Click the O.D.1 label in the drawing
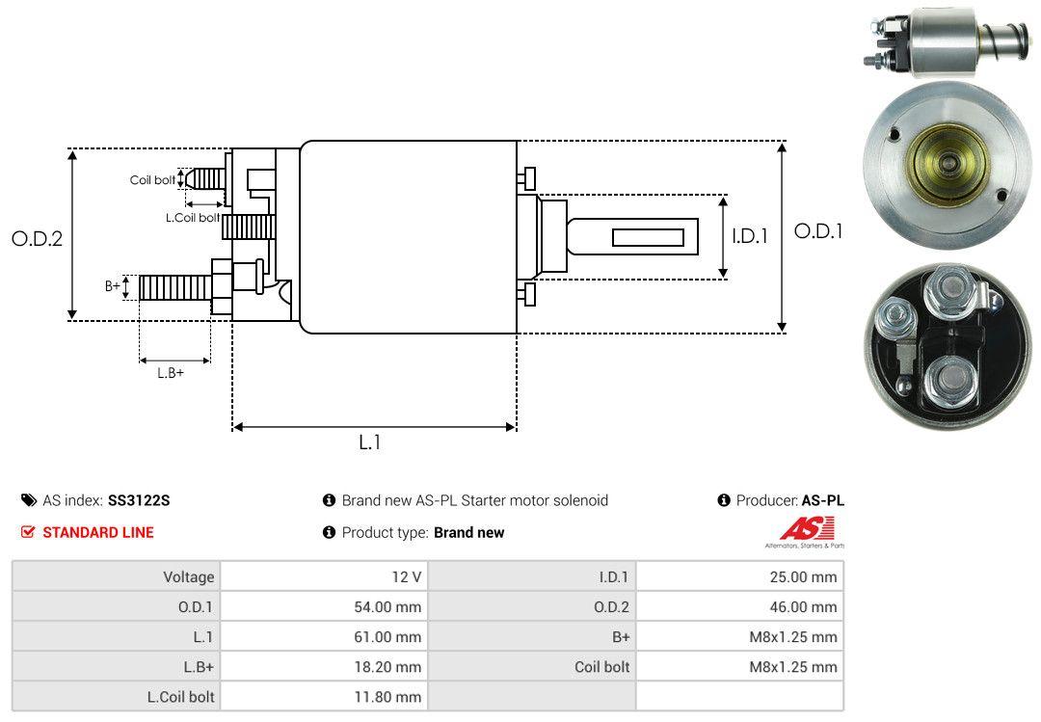point(817,231)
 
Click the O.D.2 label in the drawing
point(37,238)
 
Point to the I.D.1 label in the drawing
point(749,235)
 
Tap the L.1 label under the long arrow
point(370,442)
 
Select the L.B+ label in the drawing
point(171,373)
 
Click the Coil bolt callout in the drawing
point(152,180)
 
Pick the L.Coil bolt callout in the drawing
point(192,218)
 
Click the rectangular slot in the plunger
point(648,237)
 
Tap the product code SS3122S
point(139,500)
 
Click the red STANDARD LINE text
point(97,532)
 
